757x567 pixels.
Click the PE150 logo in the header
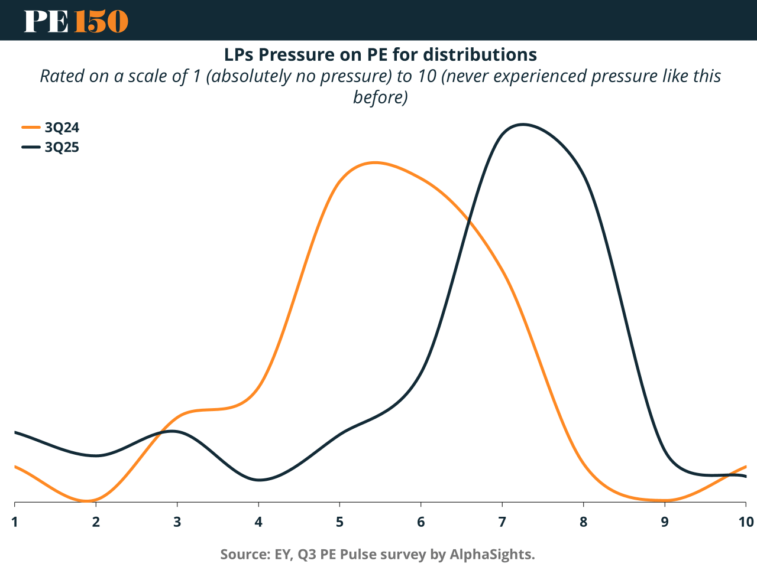[x=76, y=21]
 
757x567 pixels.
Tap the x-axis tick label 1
[x=14, y=522]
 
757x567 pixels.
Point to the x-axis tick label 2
[x=96, y=522]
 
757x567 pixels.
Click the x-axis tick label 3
[x=177, y=522]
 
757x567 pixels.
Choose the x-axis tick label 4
[x=258, y=522]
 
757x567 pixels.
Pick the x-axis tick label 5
[x=339, y=522]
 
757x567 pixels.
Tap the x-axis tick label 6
[x=420, y=522]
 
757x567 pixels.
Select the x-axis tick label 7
[x=502, y=522]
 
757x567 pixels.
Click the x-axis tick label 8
[x=583, y=522]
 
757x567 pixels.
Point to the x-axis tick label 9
[x=665, y=522]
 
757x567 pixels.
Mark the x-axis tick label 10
[x=746, y=522]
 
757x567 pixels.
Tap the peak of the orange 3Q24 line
[x=374, y=162]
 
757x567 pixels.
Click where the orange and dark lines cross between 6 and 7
[x=469, y=220]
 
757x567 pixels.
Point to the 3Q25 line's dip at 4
[x=258, y=480]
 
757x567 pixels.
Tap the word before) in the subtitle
[x=380, y=97]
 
